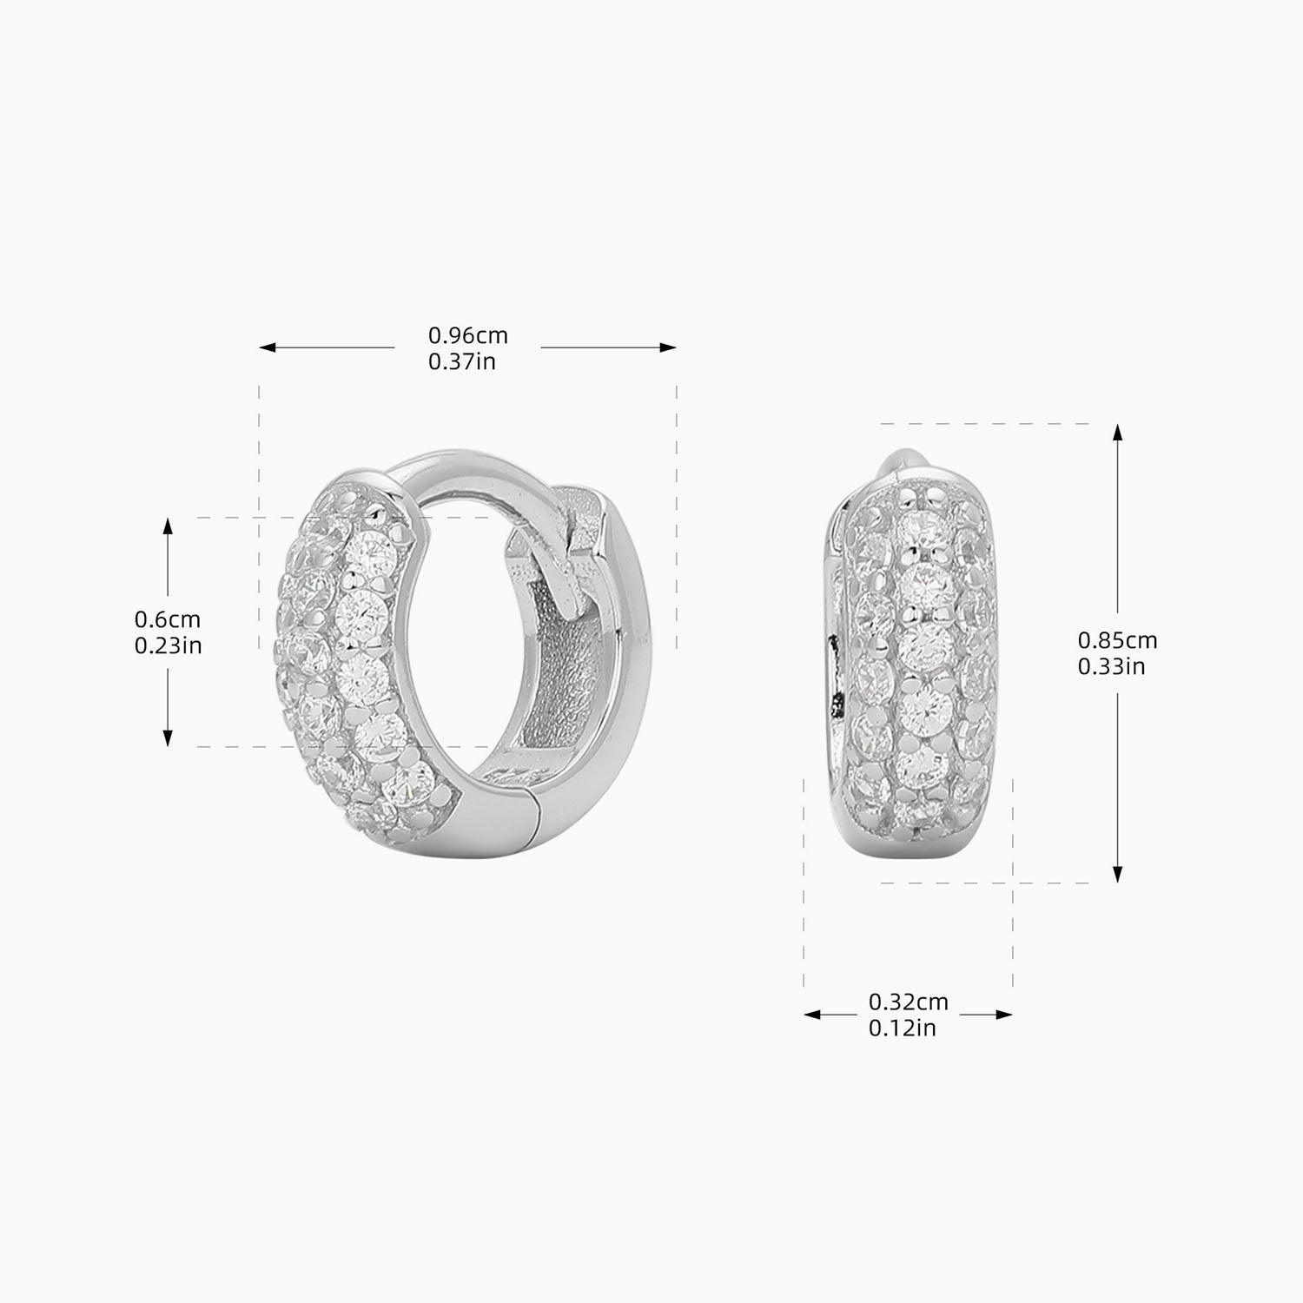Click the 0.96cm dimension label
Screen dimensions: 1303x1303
(x=467, y=335)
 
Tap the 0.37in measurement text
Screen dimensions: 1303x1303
(x=461, y=361)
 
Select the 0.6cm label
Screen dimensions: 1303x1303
(x=167, y=619)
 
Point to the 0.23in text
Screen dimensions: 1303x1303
(x=168, y=645)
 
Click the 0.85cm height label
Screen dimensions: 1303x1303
(x=1117, y=640)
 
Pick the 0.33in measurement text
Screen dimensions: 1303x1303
(x=1111, y=666)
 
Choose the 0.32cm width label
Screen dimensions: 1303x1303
(x=908, y=1002)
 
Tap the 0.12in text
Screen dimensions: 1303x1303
(x=902, y=1028)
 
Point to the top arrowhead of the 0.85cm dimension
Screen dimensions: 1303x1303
(x=1118, y=433)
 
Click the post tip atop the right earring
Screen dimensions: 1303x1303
(x=900, y=459)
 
